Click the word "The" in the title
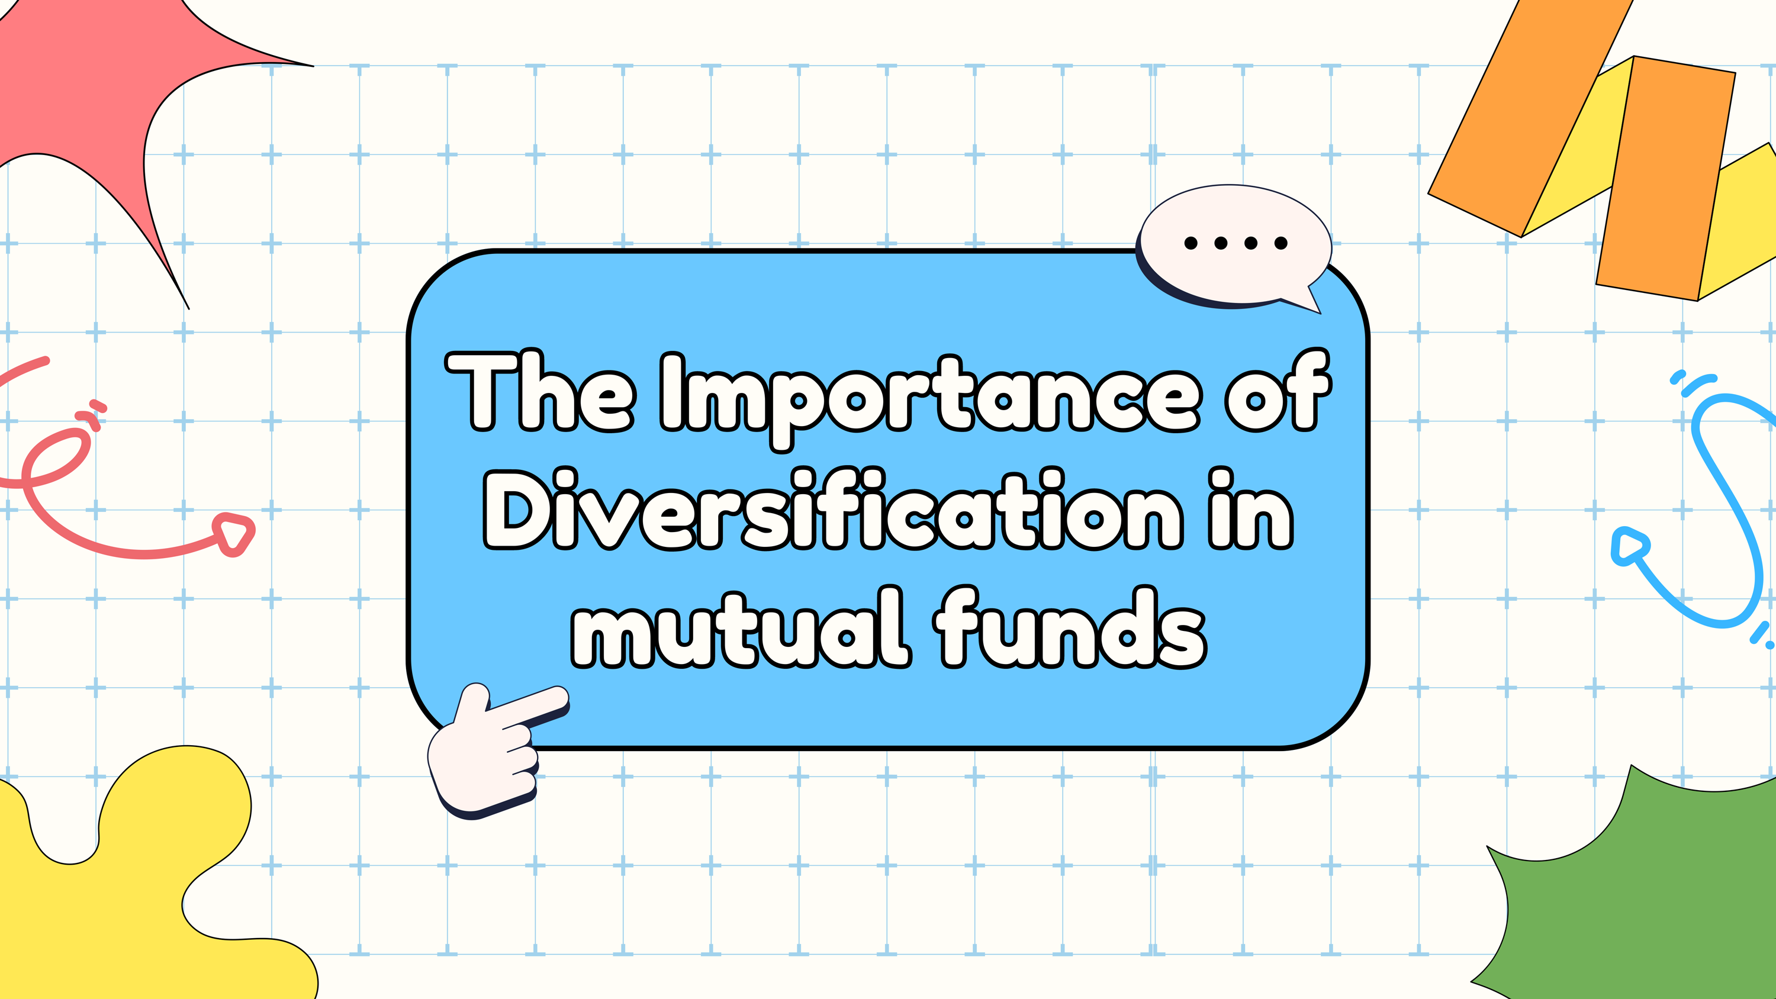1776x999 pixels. (x=541, y=392)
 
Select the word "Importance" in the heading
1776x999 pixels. (x=930, y=400)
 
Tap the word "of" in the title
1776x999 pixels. (x=1278, y=389)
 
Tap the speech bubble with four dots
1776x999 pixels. (x=1234, y=247)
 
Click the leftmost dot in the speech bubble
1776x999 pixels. (x=1191, y=243)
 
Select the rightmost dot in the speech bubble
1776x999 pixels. (x=1281, y=243)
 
